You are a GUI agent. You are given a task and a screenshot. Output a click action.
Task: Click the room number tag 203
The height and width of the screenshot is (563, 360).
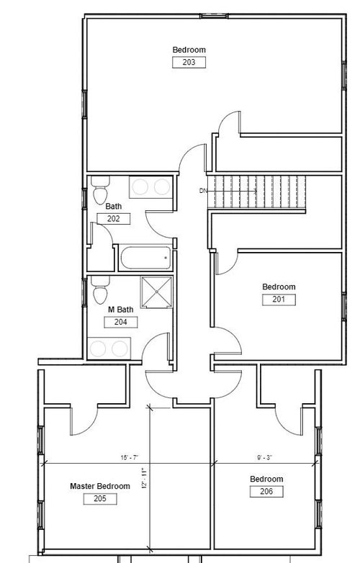pyautogui.click(x=189, y=62)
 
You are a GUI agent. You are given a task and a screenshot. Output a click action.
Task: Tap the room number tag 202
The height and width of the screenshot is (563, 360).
pyautogui.click(x=114, y=219)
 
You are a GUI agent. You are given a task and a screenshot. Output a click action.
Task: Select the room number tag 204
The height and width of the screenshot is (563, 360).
pyautogui.click(x=120, y=322)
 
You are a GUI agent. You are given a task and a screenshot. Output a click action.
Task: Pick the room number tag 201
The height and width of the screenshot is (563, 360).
pyautogui.click(x=279, y=299)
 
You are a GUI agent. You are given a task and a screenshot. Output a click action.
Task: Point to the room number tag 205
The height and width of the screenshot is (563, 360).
pyautogui.click(x=100, y=499)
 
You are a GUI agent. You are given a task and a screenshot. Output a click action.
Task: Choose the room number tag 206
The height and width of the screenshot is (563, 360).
pyautogui.click(x=266, y=492)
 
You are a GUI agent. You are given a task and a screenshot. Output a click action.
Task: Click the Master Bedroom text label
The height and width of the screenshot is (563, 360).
pyautogui.click(x=100, y=486)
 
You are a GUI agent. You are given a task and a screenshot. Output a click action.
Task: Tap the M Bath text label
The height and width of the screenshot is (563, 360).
pyautogui.click(x=120, y=309)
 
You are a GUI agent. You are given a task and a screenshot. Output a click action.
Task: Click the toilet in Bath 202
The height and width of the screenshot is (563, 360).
pyautogui.click(x=100, y=190)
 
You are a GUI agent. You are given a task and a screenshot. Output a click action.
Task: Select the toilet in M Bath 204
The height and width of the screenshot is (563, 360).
pyautogui.click(x=100, y=290)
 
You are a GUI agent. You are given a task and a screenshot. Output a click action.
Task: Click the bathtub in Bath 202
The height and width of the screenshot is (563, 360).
pyautogui.click(x=145, y=258)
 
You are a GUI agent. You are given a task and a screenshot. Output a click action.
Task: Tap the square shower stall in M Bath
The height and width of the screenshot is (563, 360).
pyautogui.click(x=156, y=292)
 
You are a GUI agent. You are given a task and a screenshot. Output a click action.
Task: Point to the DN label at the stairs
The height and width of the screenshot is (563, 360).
pyautogui.click(x=203, y=191)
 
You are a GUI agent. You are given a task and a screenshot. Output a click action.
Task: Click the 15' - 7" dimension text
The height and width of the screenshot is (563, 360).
pyautogui.click(x=130, y=457)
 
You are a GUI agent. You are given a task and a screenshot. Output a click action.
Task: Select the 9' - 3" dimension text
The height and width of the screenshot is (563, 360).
pyautogui.click(x=265, y=457)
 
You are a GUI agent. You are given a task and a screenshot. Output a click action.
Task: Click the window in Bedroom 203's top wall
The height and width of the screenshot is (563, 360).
pyautogui.click(x=214, y=16)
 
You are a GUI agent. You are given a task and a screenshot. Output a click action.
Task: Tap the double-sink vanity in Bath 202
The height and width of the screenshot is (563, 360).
pyautogui.click(x=150, y=186)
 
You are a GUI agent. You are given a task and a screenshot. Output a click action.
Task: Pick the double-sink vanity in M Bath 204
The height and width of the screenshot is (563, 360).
pyautogui.click(x=109, y=348)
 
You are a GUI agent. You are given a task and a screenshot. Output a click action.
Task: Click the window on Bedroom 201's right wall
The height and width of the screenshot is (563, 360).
pyautogui.click(x=344, y=307)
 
